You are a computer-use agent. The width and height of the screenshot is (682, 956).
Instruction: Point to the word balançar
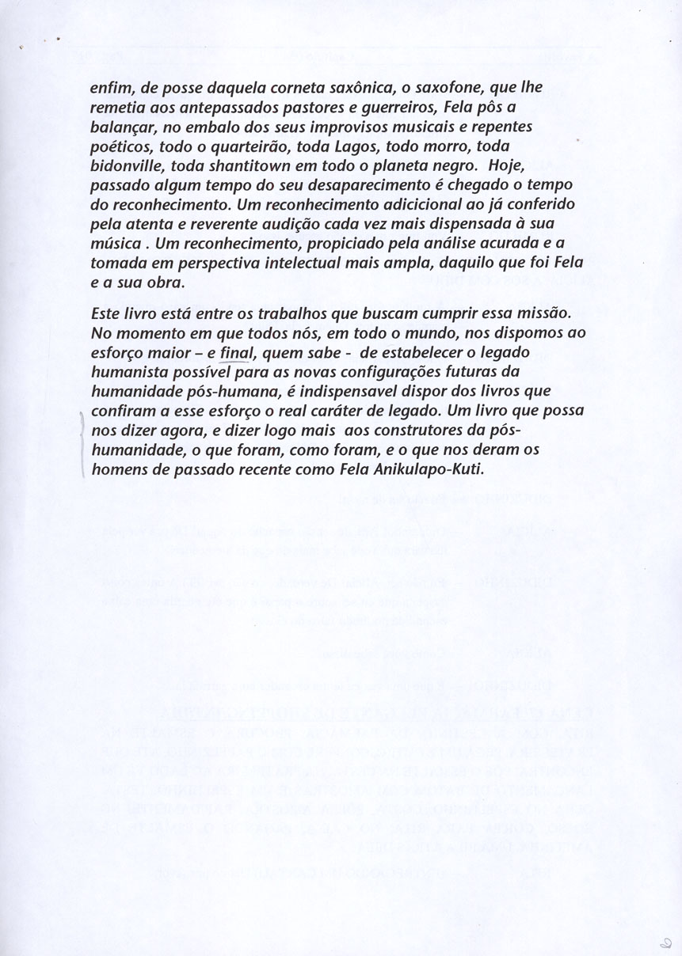125,127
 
